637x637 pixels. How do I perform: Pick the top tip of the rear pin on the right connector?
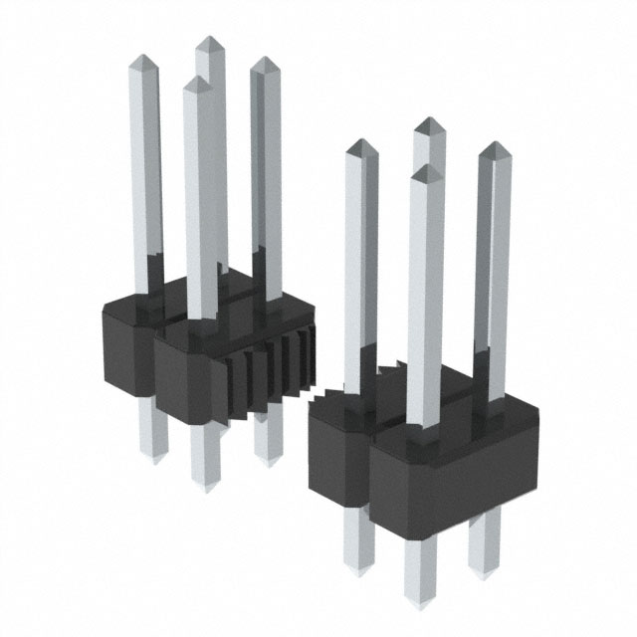pos(429,123)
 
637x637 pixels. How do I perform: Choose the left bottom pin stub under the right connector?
pos(356,542)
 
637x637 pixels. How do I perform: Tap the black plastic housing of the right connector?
pos(438,458)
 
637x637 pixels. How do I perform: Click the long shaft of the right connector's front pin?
pos(424,299)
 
